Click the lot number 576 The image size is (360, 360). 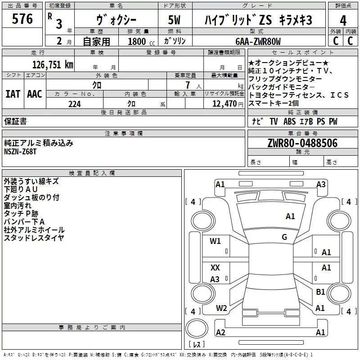point(23,19)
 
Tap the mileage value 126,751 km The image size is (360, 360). point(52,64)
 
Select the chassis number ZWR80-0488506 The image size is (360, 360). point(302,143)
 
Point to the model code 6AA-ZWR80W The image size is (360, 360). point(258,41)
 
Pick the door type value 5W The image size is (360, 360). point(175,21)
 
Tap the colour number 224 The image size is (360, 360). point(75,104)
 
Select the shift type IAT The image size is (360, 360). point(13,94)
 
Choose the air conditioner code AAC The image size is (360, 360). point(34,94)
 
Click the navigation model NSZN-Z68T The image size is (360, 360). point(20,152)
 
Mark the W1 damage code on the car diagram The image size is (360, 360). point(216,241)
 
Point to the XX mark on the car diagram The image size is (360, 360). point(215,267)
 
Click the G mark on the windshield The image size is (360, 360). point(284,237)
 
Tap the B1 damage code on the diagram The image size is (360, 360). point(320,292)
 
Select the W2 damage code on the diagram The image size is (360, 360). point(221,308)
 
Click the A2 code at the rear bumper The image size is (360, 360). point(220,333)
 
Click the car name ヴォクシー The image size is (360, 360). point(115,21)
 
